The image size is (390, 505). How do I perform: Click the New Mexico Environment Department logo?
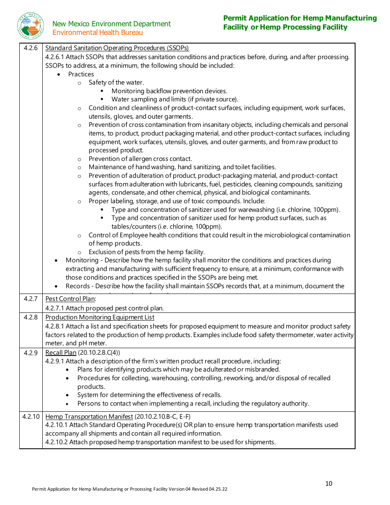31,26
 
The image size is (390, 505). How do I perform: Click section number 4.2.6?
30,48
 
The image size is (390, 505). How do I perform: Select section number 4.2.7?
30,299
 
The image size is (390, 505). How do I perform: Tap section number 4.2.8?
30,317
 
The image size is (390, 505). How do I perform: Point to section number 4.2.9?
30,353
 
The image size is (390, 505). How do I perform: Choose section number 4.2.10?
31,417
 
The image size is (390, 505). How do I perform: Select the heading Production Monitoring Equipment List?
100,317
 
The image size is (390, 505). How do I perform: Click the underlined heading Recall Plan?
61,353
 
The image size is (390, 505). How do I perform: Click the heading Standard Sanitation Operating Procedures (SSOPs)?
117,48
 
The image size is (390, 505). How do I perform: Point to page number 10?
329,484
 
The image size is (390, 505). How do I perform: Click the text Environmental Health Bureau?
98,32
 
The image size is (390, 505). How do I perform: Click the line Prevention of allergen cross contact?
140,159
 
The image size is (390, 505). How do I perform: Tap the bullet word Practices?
81,74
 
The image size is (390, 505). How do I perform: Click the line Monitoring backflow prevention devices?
169,91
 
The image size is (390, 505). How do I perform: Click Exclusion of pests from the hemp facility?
147,252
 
